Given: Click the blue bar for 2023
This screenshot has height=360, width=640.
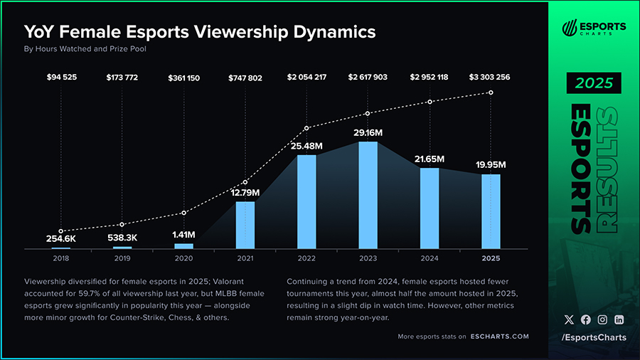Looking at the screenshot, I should pos(368,195).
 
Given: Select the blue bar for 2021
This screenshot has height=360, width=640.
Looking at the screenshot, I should pos(245,225).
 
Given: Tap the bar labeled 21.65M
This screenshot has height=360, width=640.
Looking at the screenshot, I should pos(430,208).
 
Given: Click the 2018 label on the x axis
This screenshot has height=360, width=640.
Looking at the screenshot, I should pos(60,258).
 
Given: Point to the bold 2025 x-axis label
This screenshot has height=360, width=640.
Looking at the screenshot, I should pos(491,258).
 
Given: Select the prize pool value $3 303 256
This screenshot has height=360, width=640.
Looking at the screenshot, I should pos(489,77).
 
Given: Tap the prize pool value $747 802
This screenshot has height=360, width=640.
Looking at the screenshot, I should pos(245,77).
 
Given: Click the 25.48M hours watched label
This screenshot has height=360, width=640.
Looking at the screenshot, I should pos(306,146).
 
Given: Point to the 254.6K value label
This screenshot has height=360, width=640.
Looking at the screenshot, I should pos(60,239).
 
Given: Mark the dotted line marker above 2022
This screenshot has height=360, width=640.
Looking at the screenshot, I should pos(306,128).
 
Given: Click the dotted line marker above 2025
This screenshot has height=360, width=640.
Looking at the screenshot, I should pos(491,92).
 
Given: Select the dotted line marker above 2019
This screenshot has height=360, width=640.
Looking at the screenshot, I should pos(122,225).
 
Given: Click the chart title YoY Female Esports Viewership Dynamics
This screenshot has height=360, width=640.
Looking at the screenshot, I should pos(200,32).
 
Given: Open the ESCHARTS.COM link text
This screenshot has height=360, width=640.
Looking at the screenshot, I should pos(499,337).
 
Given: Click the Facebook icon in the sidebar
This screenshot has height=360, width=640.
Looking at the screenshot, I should pos(586,320).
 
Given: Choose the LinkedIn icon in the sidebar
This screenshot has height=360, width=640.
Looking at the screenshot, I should pos(619,320).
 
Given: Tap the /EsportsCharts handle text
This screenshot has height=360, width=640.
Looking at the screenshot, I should pos(594,337).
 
